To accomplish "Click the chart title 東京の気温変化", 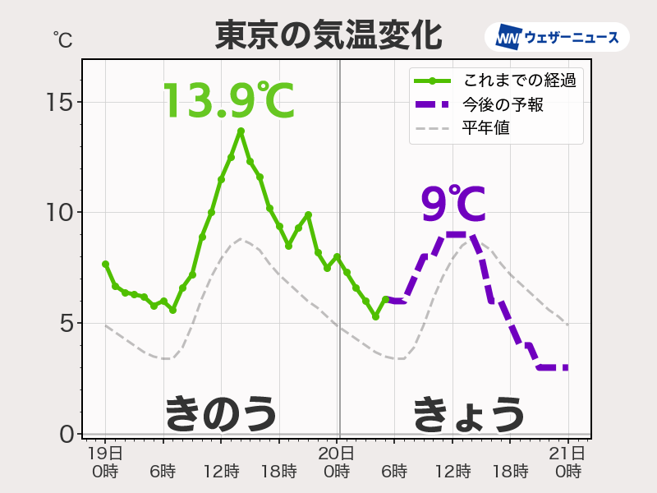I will click(328, 35).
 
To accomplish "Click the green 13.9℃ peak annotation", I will click(227, 102).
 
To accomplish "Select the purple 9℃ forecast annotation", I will click(453, 205).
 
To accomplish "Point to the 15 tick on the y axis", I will click(61, 103).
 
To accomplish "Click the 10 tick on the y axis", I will click(61, 213).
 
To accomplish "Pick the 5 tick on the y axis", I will click(66, 323).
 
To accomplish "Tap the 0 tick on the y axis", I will click(66, 433).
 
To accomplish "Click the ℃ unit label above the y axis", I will click(62, 39).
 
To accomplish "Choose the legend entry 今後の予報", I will click(503, 104).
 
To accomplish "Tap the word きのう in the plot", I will click(221, 412).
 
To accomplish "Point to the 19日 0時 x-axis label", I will click(105, 462).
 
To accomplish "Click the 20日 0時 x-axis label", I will click(337, 462).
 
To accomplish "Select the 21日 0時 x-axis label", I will click(568, 462).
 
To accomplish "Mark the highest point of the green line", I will click(241, 131).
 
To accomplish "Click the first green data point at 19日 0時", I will click(105, 264).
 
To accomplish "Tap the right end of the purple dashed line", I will click(567, 367).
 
